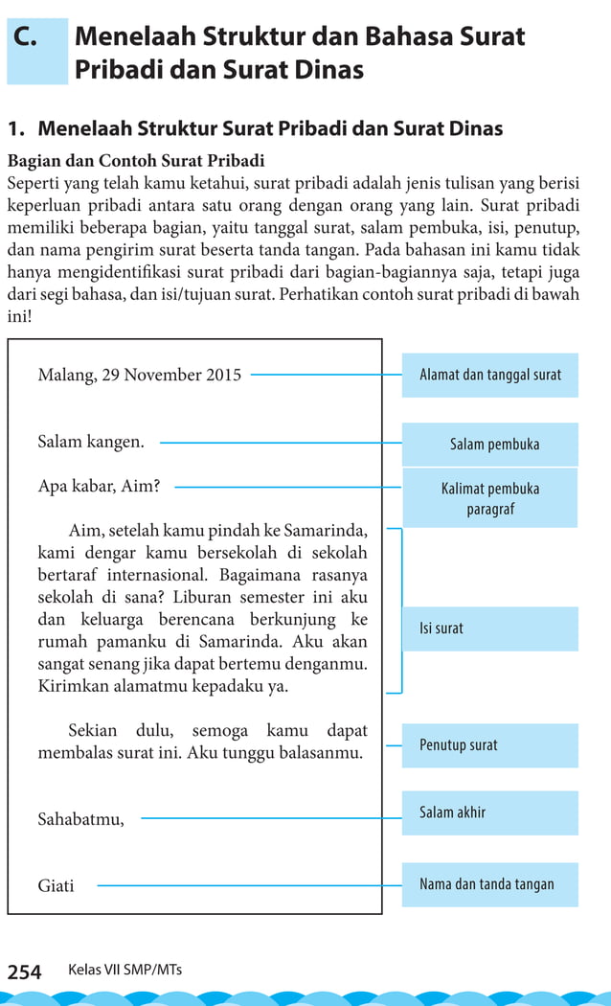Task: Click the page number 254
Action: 25,972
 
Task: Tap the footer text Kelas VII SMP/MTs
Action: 124,970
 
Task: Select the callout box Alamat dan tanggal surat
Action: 489,375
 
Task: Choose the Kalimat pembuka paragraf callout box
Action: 489,498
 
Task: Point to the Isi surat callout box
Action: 489,629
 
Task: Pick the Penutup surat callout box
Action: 489,744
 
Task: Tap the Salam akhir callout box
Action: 489,812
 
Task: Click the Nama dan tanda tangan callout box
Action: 489,884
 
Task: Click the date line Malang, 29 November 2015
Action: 139,375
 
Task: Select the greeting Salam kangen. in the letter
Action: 91,442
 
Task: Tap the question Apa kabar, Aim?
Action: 99,486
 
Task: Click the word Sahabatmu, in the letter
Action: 80,819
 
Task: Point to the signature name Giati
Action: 56,886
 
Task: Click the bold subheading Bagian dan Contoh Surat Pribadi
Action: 135,160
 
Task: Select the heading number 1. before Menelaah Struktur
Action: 17,128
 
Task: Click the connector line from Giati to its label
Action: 249,885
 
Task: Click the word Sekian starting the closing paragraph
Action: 94,731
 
